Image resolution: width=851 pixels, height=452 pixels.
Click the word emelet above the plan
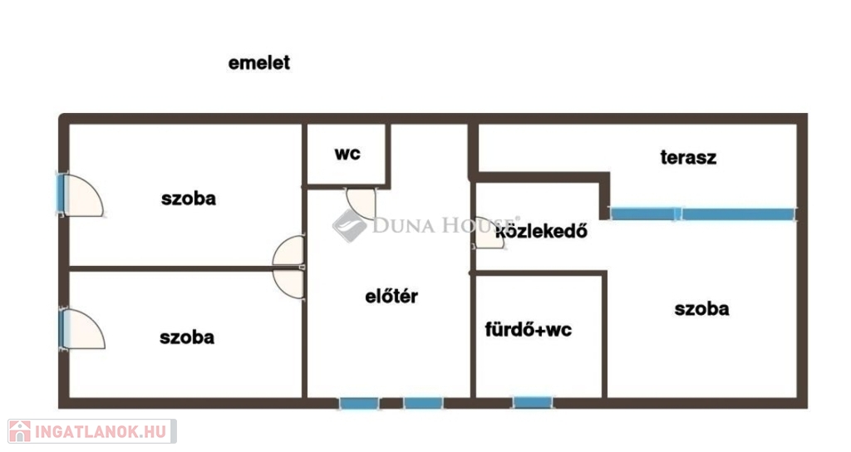(x=259, y=62)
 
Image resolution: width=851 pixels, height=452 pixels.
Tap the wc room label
(x=347, y=154)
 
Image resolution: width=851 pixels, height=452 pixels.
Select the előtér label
(x=391, y=296)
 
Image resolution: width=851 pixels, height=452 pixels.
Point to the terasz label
(x=688, y=157)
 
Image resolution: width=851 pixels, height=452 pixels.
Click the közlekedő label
(x=542, y=231)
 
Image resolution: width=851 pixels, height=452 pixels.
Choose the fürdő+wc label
(x=528, y=329)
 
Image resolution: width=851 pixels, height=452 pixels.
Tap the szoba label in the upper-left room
(x=189, y=198)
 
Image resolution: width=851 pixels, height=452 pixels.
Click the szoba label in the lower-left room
(x=187, y=337)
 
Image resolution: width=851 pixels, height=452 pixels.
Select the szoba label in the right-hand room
(x=701, y=309)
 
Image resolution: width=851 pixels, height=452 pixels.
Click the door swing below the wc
(x=361, y=204)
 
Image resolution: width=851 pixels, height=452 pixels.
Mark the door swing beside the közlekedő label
(x=489, y=233)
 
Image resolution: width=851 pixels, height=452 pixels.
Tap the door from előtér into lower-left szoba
(x=288, y=284)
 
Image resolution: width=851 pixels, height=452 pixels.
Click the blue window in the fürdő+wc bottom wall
(x=533, y=403)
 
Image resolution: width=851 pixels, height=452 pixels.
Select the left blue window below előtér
(x=359, y=403)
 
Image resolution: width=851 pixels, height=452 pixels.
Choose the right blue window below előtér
(x=423, y=403)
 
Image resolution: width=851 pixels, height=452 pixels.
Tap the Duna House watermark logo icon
(x=349, y=226)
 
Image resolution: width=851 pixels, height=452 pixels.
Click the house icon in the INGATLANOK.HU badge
(x=20, y=431)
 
